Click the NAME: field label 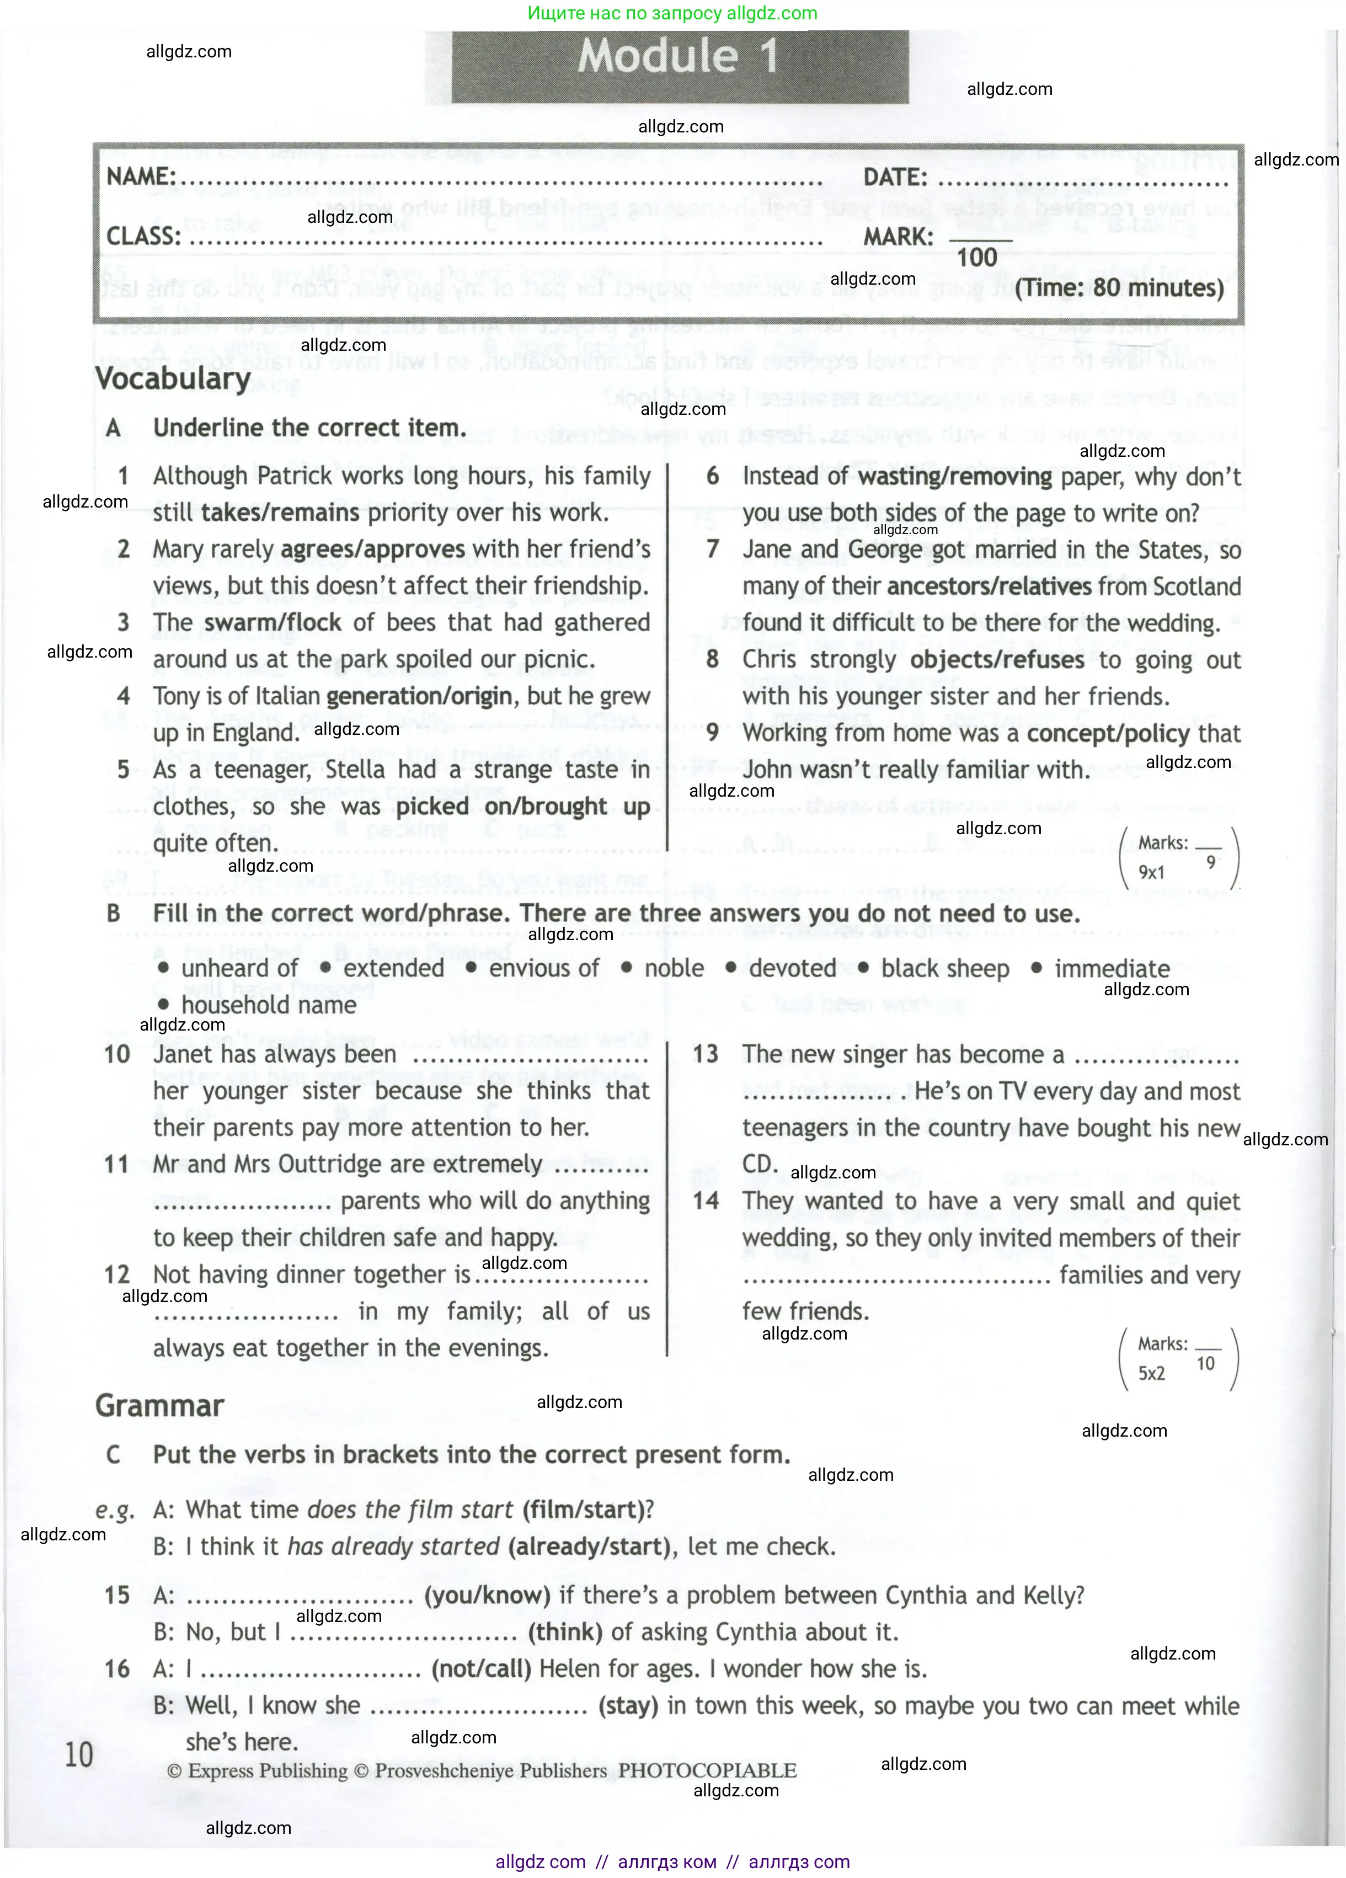click(x=141, y=177)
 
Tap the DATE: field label click(x=895, y=177)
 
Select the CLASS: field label click(x=143, y=237)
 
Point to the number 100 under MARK click(x=977, y=258)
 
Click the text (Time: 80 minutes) click(x=1119, y=288)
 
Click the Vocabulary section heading click(x=173, y=378)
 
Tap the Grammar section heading click(x=160, y=1405)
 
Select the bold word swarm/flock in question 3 click(x=273, y=623)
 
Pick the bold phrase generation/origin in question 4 click(x=419, y=696)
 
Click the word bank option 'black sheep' click(x=944, y=968)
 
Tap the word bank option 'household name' click(x=268, y=1005)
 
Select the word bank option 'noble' click(x=674, y=968)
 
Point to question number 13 click(x=706, y=1054)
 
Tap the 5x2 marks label click(x=1151, y=1373)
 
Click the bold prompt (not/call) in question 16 click(x=481, y=1668)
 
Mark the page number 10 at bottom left click(x=79, y=1754)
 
